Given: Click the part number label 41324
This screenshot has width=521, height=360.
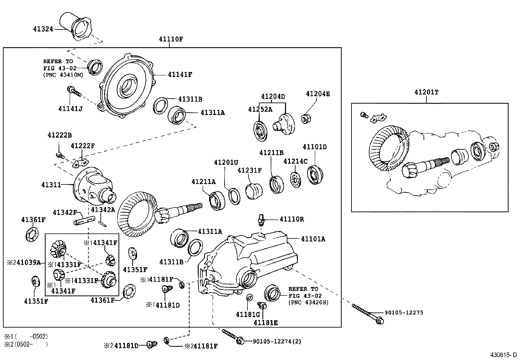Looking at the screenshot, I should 43,29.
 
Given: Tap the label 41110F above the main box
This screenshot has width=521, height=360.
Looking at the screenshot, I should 171,39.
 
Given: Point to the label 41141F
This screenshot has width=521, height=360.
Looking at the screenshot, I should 180,75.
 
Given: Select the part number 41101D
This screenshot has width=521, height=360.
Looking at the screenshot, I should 314,147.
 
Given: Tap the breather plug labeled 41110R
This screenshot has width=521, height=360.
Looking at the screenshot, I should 260,219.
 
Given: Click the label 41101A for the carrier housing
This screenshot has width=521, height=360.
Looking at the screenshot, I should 313,239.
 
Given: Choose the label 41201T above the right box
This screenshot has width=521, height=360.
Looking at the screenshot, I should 426,92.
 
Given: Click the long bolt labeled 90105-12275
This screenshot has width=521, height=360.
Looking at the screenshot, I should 367,313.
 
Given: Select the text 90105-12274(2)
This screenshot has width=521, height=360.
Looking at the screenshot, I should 277,341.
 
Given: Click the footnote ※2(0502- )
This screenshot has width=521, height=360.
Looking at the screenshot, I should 26,344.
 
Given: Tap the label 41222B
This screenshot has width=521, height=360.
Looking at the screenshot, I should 60,135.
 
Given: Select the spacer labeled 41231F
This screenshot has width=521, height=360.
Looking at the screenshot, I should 254,191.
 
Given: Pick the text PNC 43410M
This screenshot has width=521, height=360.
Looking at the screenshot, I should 63,75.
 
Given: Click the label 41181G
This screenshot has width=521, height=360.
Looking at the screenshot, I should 248,314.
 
